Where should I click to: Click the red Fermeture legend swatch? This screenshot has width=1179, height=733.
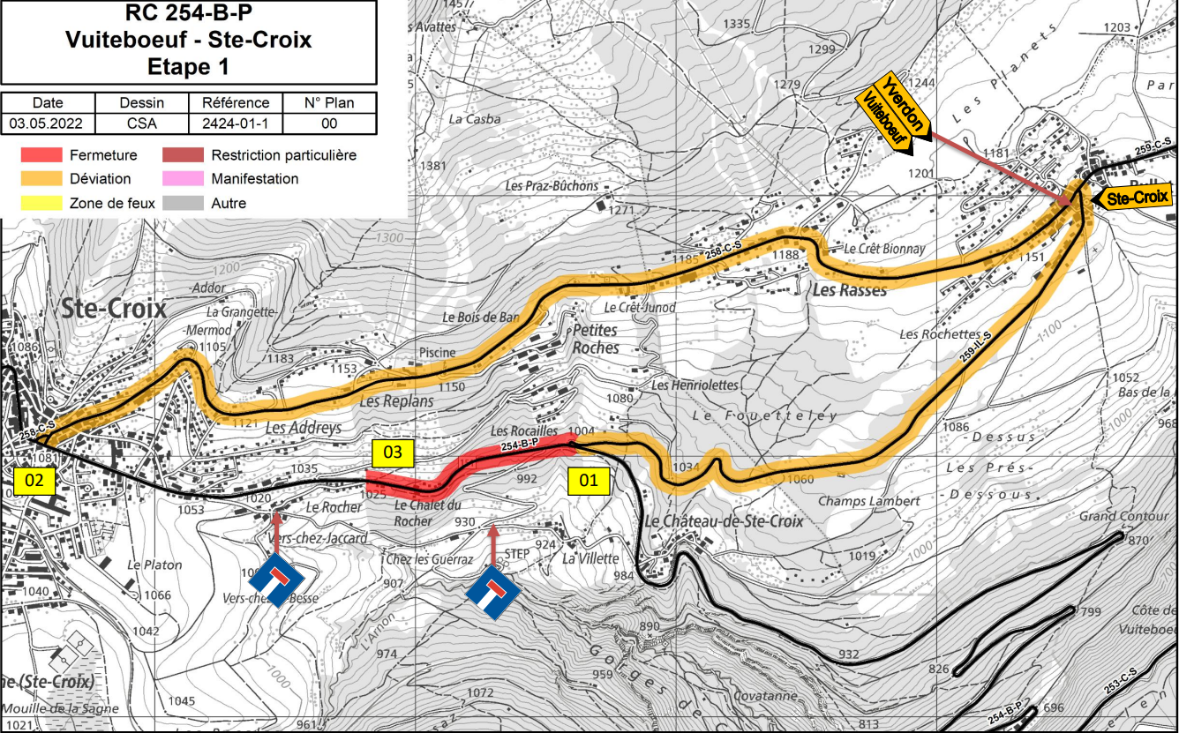click(42, 155)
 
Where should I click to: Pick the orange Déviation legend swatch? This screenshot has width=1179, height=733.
click(42, 179)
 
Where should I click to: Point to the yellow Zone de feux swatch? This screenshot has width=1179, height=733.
click(42, 203)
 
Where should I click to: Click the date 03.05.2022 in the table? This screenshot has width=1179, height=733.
click(48, 123)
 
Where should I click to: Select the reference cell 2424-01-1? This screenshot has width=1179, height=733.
click(236, 123)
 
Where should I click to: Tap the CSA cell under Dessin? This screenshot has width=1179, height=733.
click(141, 123)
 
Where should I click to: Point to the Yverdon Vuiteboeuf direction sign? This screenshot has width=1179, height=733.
click(892, 115)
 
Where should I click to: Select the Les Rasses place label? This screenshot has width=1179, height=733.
click(844, 291)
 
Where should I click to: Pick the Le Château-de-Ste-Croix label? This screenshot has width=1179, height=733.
click(723, 521)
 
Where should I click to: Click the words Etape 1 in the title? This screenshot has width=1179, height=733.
click(188, 66)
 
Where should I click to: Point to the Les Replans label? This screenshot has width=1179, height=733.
click(397, 401)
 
